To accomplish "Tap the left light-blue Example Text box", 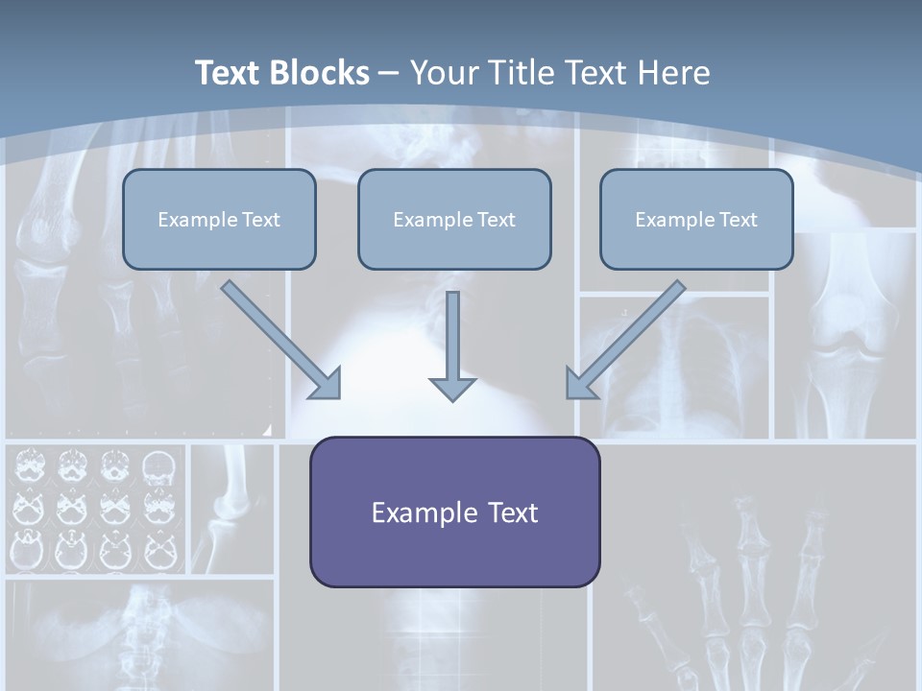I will point(219,219).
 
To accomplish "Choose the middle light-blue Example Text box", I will point(454,219).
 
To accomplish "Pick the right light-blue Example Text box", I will point(696,219).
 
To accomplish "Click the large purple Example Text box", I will point(454,512).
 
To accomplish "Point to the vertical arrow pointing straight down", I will point(452,345).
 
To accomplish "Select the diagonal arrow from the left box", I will point(281,339).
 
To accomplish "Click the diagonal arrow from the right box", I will point(624,339).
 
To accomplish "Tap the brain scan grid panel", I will point(96,509).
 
